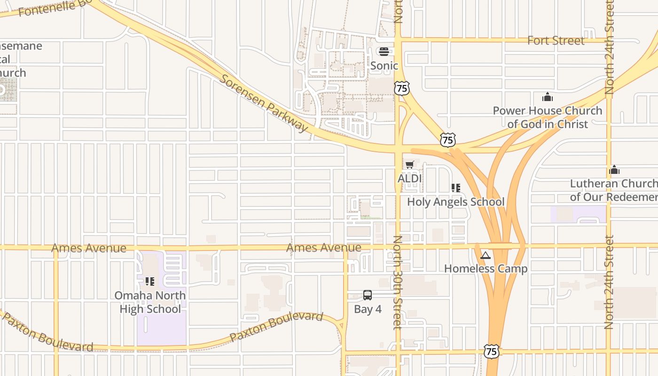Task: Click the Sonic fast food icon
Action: [x=384, y=51]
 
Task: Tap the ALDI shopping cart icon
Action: [x=409, y=164]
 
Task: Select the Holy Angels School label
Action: [x=455, y=202]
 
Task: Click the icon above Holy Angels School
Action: [x=455, y=188]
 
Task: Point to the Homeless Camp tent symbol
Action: [x=486, y=255]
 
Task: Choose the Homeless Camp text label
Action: [x=486, y=269]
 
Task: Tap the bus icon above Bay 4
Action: [x=368, y=295]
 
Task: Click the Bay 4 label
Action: [x=368, y=309]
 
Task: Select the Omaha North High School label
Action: [x=150, y=302]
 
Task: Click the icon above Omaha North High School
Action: [x=150, y=282]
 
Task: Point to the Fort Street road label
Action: [x=556, y=40]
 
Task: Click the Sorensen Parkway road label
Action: [x=264, y=103]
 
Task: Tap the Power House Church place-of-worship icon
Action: [x=547, y=97]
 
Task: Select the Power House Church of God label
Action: [x=547, y=117]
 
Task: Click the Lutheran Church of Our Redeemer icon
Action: [x=614, y=170]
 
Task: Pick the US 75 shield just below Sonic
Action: [x=402, y=88]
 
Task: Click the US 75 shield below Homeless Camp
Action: [x=491, y=351]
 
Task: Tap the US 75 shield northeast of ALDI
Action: [x=448, y=139]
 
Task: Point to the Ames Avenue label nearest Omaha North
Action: [x=88, y=248]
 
